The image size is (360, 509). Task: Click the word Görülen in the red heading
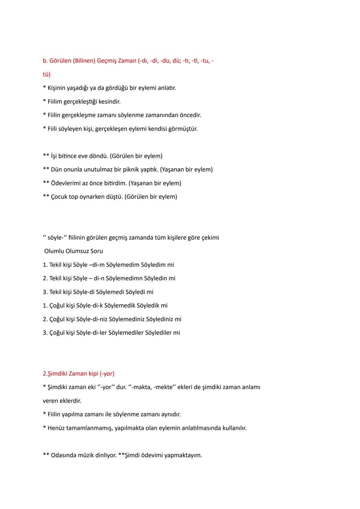[60, 61]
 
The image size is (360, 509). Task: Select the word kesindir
[109, 102]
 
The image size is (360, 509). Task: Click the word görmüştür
[182, 129]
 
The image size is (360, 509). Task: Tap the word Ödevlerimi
[66, 183]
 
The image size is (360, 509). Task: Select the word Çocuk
[59, 197]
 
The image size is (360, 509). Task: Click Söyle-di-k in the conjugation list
[89, 306]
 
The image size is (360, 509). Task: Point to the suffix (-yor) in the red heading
[107, 374]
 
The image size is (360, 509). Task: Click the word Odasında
[63, 455]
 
